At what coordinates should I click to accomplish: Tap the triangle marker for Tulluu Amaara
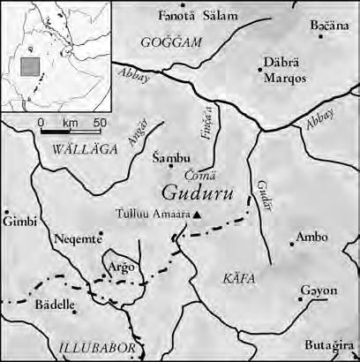[x=199, y=215]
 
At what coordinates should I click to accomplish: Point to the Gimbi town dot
[x=6, y=213]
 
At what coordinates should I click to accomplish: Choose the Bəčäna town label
[x=327, y=26]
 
